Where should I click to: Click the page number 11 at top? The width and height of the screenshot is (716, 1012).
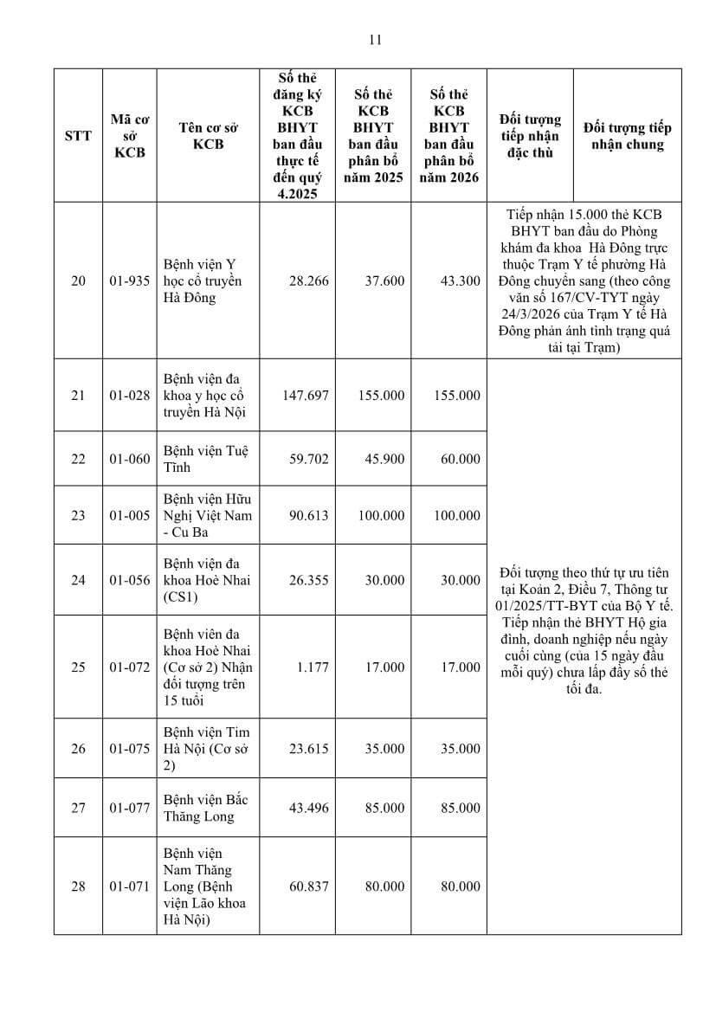tap(375, 40)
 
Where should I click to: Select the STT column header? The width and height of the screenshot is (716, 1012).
tap(78, 136)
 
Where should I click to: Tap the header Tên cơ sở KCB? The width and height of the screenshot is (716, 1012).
tap(208, 136)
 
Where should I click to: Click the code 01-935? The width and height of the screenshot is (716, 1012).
tap(130, 281)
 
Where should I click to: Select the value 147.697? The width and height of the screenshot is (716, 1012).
tap(306, 395)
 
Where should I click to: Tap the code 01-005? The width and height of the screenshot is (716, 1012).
tap(130, 515)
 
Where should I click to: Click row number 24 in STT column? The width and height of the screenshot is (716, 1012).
tap(78, 580)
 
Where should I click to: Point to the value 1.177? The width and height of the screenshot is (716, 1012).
tap(313, 667)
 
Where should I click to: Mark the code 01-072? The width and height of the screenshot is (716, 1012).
tap(130, 667)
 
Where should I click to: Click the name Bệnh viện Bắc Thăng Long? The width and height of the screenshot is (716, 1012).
tap(200, 808)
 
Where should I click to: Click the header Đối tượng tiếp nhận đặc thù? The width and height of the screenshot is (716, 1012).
tap(530, 136)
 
